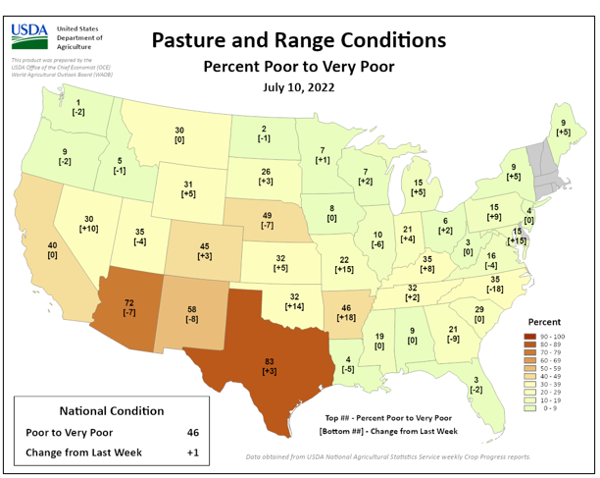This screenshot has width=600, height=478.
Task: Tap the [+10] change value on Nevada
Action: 88,229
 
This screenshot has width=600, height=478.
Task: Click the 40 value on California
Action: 52,244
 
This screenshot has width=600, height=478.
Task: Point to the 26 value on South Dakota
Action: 266,172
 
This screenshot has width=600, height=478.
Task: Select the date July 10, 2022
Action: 298,87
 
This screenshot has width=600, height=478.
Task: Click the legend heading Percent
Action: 546,321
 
